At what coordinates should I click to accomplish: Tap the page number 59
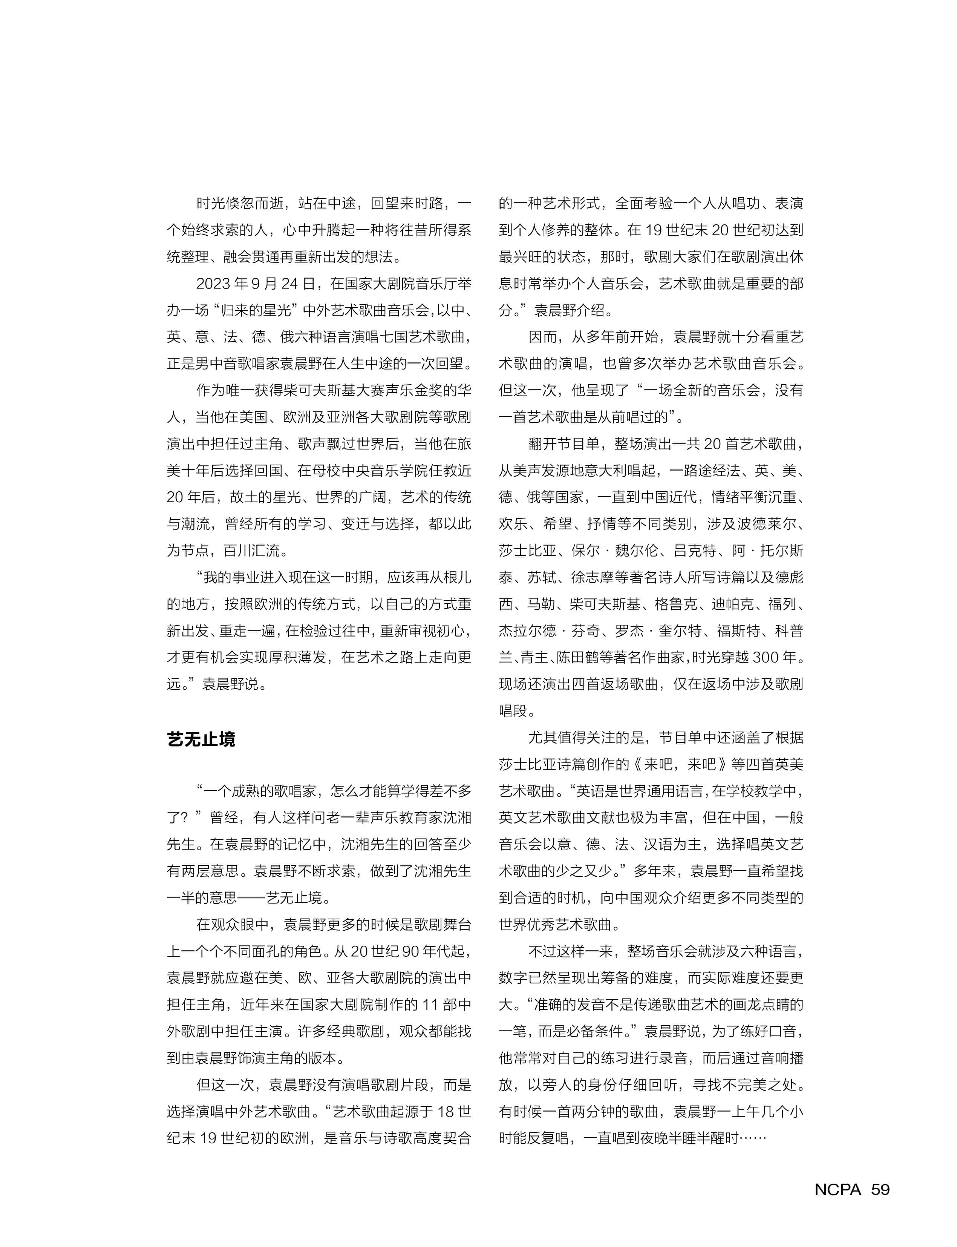(880, 1189)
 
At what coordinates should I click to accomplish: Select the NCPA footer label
(838, 1189)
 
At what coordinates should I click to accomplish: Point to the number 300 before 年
(766, 657)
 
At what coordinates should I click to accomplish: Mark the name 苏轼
(542, 577)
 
